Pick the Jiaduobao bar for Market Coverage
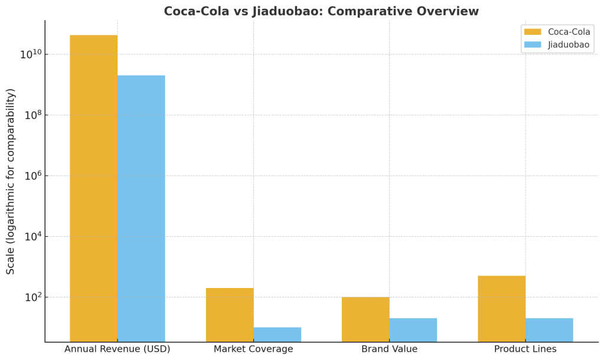(x=277, y=334)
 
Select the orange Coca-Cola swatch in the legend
(x=533, y=32)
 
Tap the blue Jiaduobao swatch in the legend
(x=533, y=45)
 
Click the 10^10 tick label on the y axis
(x=31, y=54)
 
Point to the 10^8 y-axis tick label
(x=32, y=115)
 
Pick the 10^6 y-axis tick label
(x=32, y=176)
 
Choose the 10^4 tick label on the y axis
(x=32, y=237)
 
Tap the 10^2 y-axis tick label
(x=32, y=297)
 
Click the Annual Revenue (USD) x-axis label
(x=117, y=349)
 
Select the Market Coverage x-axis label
(x=253, y=349)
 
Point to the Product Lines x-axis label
(x=525, y=349)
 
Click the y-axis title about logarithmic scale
(x=11, y=181)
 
